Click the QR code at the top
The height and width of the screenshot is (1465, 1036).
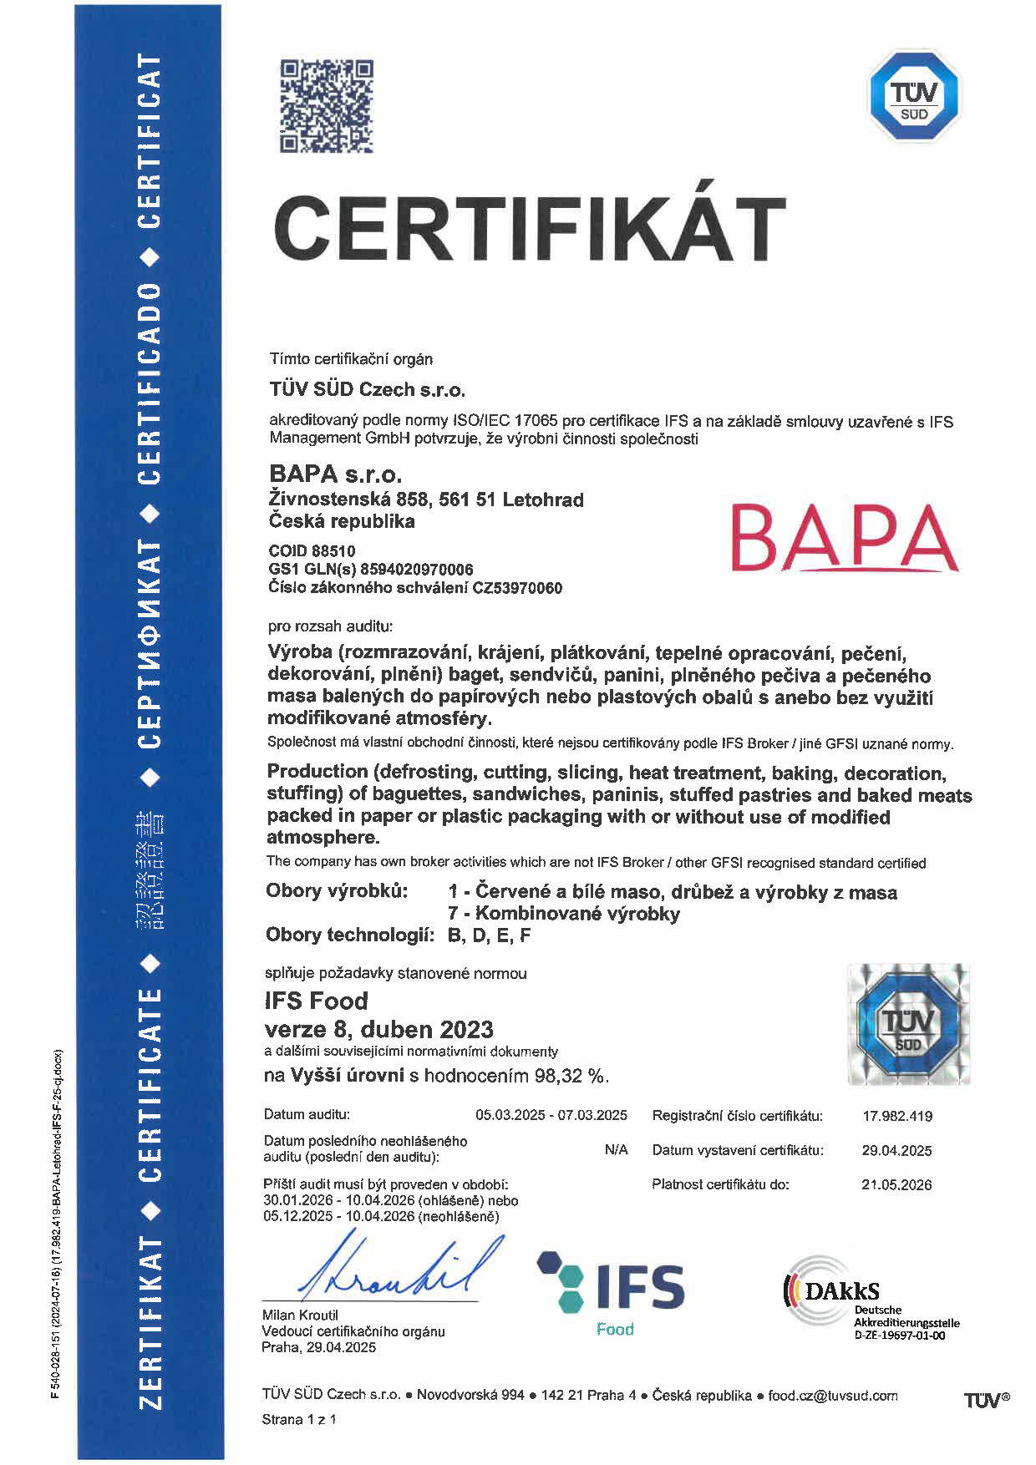(326, 106)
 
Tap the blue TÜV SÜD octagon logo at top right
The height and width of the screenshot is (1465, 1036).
(915, 95)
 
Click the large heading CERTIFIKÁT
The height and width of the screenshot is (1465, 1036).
(530, 230)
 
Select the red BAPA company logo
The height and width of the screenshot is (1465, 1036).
(847, 537)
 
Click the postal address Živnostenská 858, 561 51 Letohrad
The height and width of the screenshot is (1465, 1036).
(426, 499)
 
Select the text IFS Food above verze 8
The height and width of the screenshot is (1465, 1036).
(316, 1000)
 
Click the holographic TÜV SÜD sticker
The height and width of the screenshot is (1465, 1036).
(908, 1024)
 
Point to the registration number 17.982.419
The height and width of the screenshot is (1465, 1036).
(896, 1116)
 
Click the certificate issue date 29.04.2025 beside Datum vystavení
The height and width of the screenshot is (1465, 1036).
(896, 1150)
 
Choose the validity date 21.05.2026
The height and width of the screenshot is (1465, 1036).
(896, 1184)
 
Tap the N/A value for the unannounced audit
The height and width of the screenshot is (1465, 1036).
(616, 1150)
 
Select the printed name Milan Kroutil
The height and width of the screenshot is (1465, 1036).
(300, 1315)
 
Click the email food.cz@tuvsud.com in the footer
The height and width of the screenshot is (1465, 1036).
(833, 1395)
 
